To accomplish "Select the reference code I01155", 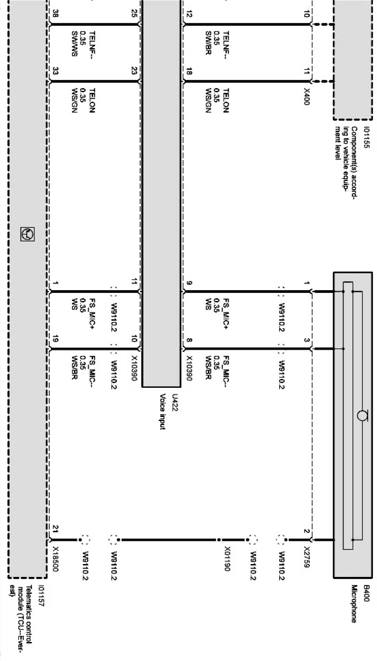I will [366, 138].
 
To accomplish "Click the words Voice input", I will [163, 411].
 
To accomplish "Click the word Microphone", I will [354, 603].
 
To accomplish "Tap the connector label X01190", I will [227, 559].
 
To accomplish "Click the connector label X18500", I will [55, 559].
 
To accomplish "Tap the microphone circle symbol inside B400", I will [362, 416].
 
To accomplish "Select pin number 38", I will [55, 14].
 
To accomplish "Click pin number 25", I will [134, 14].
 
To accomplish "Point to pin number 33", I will [55, 71].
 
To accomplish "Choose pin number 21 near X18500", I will [55, 528].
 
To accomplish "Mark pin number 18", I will [189, 71].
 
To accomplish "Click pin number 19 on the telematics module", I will [55, 340].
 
